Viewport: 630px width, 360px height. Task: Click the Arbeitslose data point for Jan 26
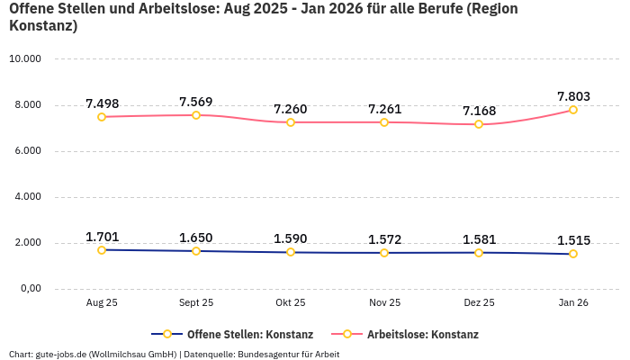(x=573, y=110)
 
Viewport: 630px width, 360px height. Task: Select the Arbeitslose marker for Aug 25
(x=102, y=117)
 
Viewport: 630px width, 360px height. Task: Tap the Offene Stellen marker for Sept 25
(x=196, y=251)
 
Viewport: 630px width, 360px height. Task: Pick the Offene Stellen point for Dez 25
(x=479, y=253)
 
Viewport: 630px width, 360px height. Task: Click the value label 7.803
(x=573, y=96)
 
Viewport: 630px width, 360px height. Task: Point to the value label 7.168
(x=479, y=111)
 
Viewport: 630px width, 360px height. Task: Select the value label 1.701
(x=102, y=237)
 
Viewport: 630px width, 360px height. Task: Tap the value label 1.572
(x=384, y=239)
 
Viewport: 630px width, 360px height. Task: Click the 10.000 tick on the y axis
(x=25, y=59)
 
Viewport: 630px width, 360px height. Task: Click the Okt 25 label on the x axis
(x=291, y=303)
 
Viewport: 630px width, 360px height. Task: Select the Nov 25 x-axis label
(x=384, y=303)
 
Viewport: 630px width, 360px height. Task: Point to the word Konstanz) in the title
(x=43, y=26)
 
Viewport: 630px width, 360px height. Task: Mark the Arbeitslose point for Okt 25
(x=291, y=122)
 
